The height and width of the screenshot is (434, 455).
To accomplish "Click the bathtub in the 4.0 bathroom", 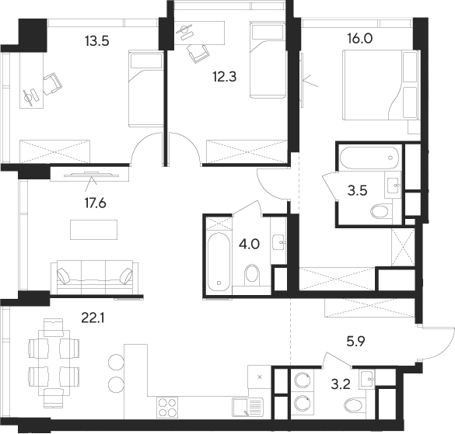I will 220,259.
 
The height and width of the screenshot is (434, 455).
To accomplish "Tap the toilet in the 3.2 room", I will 352,404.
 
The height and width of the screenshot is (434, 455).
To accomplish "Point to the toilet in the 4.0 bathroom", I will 251,273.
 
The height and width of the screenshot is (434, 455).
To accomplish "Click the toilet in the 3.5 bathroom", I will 380,211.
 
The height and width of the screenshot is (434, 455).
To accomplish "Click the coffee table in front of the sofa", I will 93,230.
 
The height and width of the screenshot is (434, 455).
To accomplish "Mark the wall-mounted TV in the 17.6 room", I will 87,173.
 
